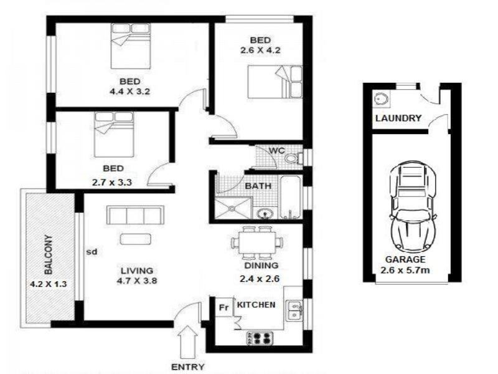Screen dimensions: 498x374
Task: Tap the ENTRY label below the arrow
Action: point(188,367)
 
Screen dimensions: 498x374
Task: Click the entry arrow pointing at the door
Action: point(188,342)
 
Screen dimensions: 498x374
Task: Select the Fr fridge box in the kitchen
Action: point(224,307)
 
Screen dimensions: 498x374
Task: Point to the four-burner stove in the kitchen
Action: point(260,338)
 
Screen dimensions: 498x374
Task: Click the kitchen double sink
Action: point(294,310)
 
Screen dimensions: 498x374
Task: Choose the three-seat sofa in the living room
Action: point(135,215)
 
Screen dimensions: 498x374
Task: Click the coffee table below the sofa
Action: point(136,239)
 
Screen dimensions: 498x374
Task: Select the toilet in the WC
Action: point(293,158)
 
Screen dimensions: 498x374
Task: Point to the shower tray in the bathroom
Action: point(233,208)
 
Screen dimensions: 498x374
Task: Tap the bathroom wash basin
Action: point(265,214)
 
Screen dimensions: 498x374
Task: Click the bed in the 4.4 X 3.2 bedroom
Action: point(131,46)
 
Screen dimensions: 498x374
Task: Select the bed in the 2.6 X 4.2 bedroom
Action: point(275,82)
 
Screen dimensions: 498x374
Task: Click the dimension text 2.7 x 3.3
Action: point(112,183)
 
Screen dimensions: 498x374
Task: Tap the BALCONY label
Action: point(49,255)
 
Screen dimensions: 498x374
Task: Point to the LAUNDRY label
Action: point(398,118)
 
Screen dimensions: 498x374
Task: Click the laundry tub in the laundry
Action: point(380,98)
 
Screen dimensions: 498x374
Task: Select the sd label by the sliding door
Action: point(92,252)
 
